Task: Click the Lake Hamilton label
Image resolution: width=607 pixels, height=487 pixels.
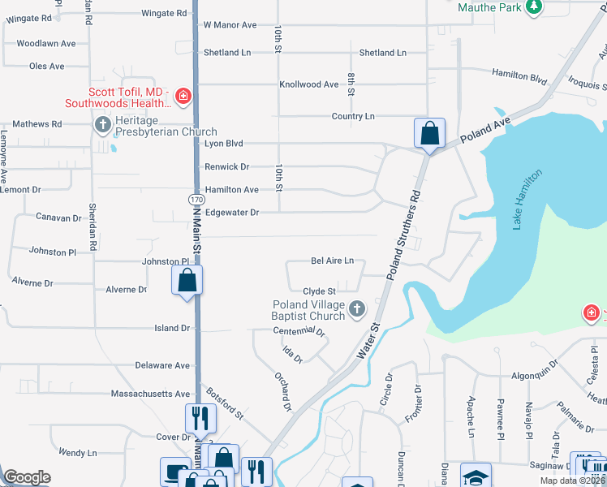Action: click(527, 200)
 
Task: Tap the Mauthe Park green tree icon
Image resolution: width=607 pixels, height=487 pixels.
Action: click(533, 7)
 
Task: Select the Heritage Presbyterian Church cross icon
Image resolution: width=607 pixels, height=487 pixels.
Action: click(103, 124)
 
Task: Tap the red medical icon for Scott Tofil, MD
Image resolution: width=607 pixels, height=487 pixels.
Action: click(183, 97)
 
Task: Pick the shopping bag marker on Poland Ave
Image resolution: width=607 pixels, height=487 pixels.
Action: click(428, 132)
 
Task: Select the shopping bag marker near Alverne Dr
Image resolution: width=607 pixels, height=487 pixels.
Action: click(187, 281)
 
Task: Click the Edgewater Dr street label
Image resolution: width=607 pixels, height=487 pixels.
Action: click(231, 212)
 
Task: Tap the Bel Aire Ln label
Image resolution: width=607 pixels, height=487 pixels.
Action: click(333, 261)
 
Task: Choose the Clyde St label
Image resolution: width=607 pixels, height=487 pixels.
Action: click(319, 291)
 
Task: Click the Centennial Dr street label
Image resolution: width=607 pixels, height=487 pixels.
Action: click(299, 331)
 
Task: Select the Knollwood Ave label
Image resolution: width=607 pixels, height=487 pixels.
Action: click(308, 84)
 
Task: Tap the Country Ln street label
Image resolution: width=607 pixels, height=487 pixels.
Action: click(353, 116)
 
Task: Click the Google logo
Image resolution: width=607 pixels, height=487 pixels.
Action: click(27, 477)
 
